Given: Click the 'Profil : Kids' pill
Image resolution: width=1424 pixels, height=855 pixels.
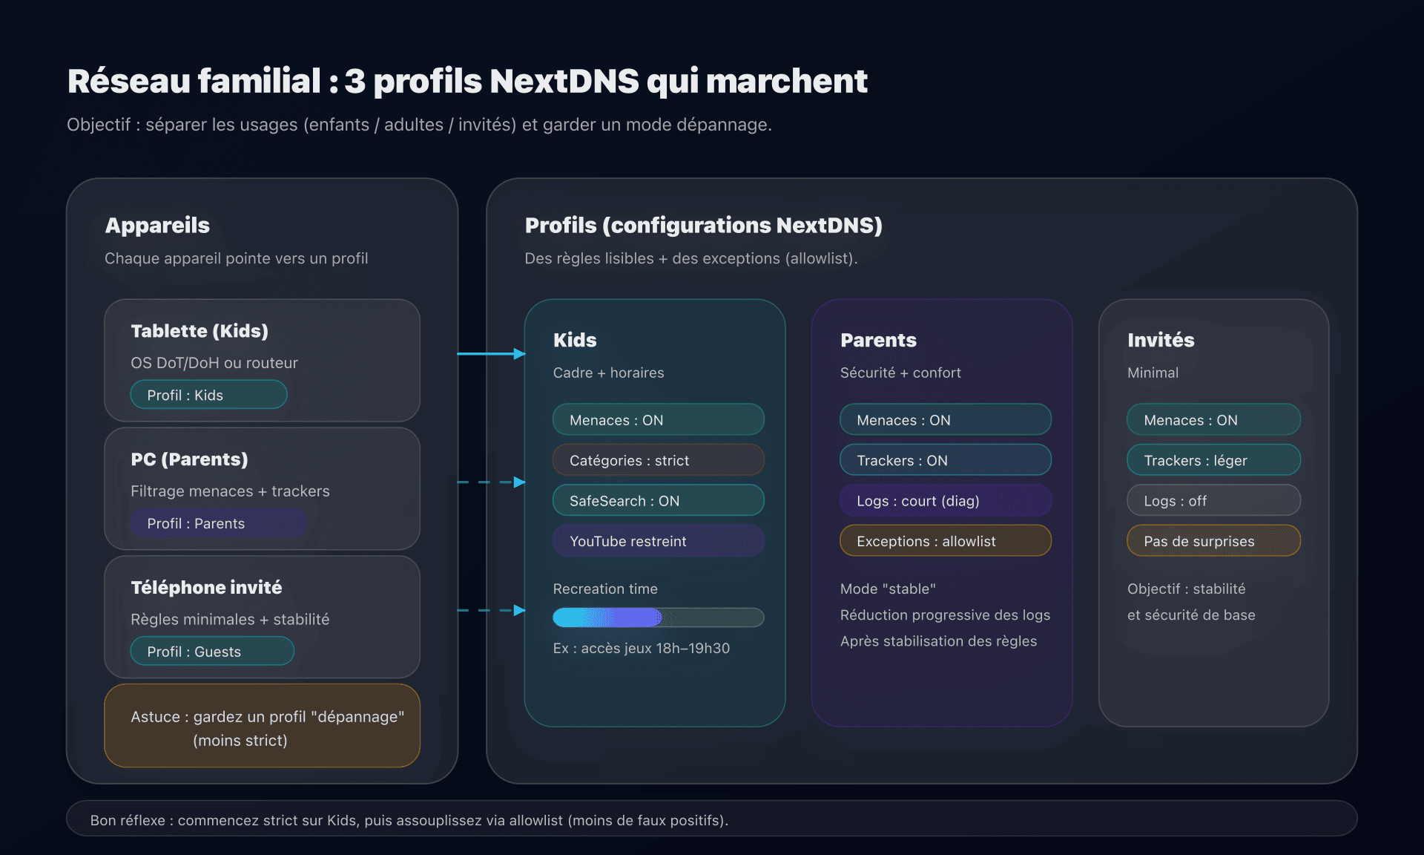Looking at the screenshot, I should tap(208, 395).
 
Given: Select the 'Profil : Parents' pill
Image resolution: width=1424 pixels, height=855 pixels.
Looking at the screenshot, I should tap(218, 523).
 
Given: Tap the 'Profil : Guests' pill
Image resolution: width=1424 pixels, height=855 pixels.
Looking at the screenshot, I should tap(212, 652).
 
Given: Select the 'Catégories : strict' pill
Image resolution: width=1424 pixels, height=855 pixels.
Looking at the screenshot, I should tap(658, 460).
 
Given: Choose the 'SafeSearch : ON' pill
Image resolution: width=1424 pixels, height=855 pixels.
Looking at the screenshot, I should tap(658, 500).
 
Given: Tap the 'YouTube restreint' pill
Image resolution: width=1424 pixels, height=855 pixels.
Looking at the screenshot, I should tap(658, 541).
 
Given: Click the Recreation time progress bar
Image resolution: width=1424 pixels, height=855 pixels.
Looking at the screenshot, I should tap(658, 617).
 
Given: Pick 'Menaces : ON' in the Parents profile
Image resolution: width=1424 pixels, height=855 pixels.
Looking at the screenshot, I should tap(945, 420).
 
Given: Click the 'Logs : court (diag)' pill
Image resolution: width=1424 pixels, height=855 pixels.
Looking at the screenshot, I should tap(945, 500).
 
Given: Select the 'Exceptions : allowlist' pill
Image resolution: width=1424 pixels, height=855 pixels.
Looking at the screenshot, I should tap(945, 541).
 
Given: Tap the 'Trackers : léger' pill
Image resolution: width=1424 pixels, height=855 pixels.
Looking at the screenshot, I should tap(1213, 460).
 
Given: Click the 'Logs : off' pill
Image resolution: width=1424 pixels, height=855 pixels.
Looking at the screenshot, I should tap(1213, 500).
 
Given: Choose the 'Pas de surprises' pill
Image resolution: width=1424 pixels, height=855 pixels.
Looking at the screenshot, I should tap(1213, 541).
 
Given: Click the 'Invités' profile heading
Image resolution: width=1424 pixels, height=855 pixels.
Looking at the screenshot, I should tap(1161, 340).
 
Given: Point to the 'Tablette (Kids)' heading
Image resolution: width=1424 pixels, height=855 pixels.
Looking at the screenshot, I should tap(200, 331).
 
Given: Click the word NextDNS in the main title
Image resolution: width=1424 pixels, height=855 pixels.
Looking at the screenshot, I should tap(564, 81).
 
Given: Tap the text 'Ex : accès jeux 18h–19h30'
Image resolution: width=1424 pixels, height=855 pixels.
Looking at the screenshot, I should tap(641, 648).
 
